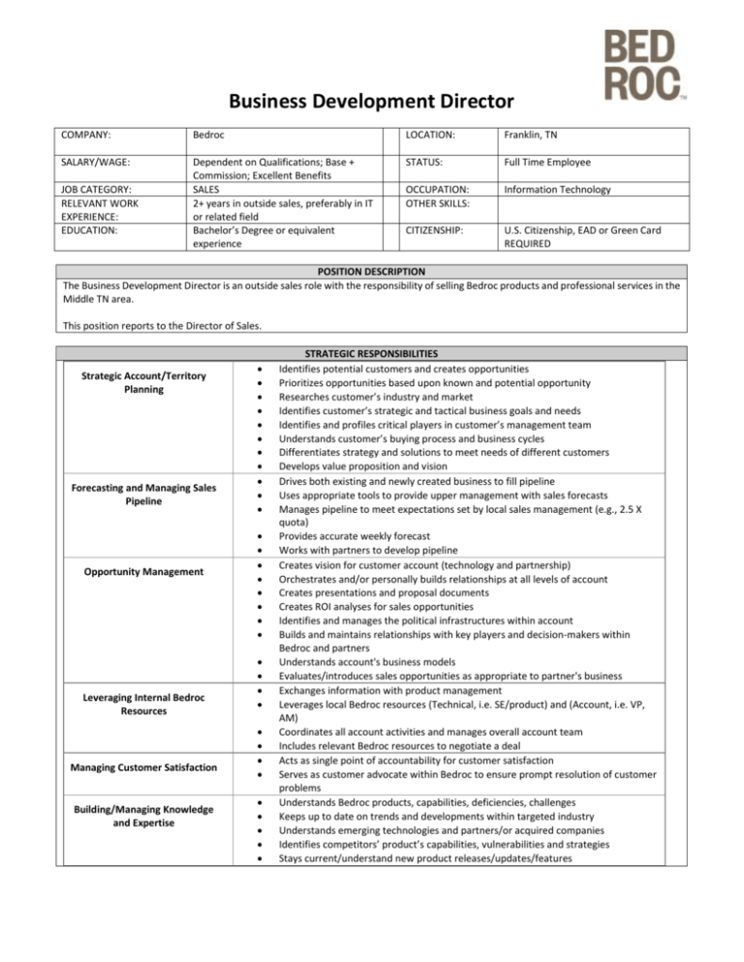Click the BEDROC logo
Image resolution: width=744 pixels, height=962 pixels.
[x=643, y=64]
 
